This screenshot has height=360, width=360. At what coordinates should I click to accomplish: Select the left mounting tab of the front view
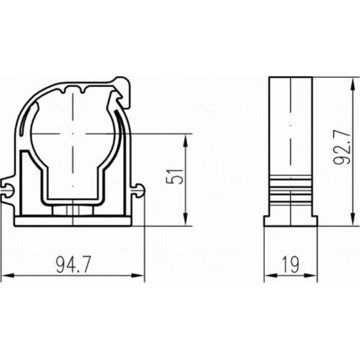tap(10, 190)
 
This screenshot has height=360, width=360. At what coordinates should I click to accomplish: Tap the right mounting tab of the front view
tap(138, 190)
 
